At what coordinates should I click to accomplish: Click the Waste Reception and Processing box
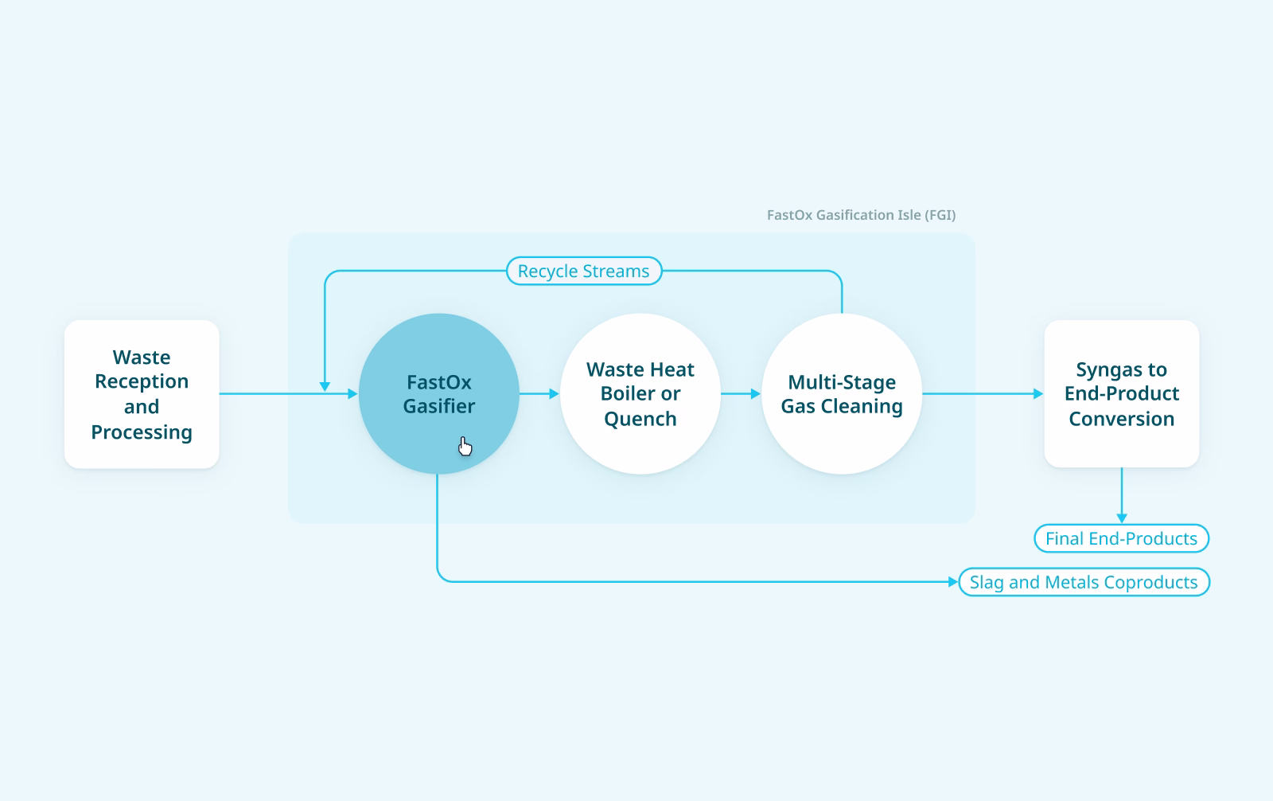(142, 393)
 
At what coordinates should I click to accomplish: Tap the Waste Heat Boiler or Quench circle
(640, 393)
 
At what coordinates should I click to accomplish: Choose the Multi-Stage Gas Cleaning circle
(842, 393)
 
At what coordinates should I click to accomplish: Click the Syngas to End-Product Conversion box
(1121, 393)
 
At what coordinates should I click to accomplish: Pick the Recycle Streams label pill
(584, 271)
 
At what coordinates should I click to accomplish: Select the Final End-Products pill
(1121, 538)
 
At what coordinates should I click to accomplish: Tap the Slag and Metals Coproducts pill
(1084, 582)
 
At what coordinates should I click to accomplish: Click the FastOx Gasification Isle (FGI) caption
(861, 215)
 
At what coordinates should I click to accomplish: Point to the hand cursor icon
(465, 446)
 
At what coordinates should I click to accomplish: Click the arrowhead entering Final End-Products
(1122, 518)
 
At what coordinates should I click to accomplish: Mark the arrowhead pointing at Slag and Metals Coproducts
(953, 582)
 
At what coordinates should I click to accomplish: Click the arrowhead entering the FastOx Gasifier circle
(352, 393)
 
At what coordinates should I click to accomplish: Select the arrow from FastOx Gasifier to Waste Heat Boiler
(540, 393)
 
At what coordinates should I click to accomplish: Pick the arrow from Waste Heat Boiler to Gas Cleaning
(742, 393)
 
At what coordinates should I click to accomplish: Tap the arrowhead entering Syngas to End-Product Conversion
(1037, 393)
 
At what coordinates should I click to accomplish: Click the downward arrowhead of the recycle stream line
(325, 386)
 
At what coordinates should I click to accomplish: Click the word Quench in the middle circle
(640, 419)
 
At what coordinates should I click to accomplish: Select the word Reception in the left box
(142, 381)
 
